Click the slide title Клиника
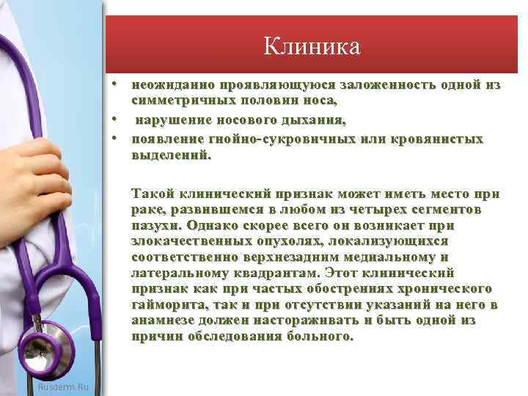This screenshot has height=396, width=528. coord(313,48)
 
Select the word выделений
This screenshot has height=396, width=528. coord(170,155)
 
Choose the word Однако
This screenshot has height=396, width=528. coord(213,224)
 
